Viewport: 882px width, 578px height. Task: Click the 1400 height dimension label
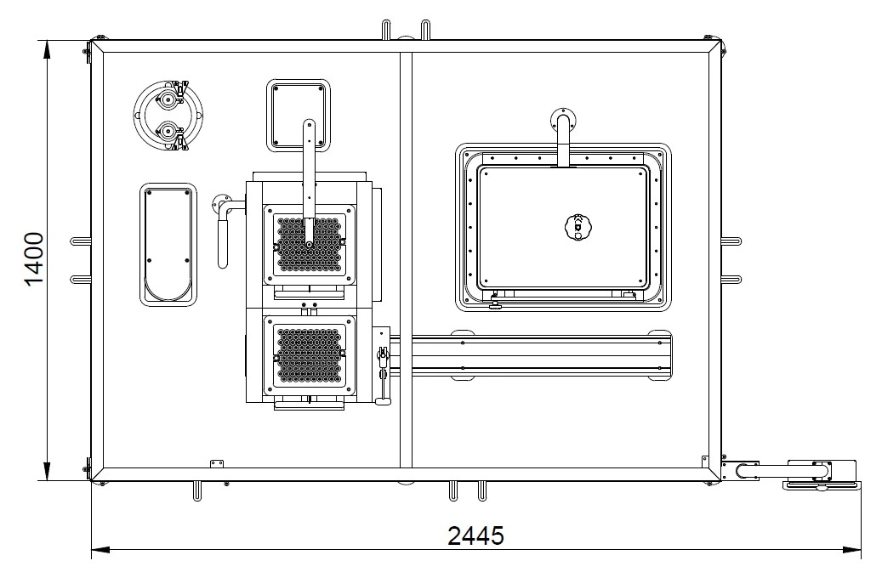pyautogui.click(x=34, y=258)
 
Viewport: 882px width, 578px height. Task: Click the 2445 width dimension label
pyautogui.click(x=476, y=535)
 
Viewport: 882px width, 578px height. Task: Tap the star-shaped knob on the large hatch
pyautogui.click(x=578, y=227)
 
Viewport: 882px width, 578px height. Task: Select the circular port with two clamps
pyautogui.click(x=168, y=116)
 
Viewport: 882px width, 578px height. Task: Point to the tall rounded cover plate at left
pyautogui.click(x=168, y=245)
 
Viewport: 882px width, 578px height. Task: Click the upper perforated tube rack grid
pyautogui.click(x=309, y=245)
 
